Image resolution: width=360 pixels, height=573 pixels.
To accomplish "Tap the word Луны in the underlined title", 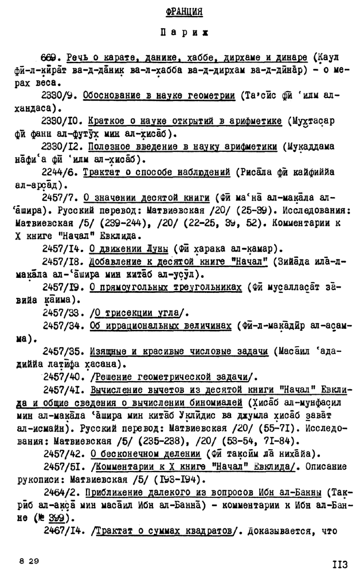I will click(x=155, y=249).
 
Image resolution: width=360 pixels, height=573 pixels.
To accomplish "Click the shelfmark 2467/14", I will click(x=62, y=531).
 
